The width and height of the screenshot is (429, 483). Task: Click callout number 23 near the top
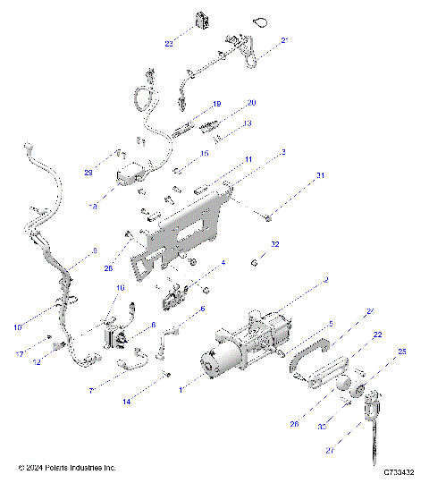(x=169, y=44)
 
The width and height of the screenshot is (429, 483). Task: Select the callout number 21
(x=285, y=40)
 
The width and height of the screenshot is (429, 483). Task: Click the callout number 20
(x=251, y=103)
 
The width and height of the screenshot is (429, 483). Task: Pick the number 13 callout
(x=248, y=123)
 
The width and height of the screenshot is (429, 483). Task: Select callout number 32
(x=275, y=243)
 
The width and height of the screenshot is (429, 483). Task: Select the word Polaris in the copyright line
(x=62, y=468)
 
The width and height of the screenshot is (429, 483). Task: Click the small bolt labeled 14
(x=166, y=373)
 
